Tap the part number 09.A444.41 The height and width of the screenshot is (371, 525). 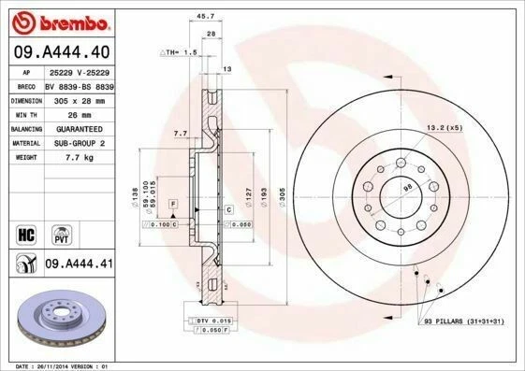click(x=79, y=264)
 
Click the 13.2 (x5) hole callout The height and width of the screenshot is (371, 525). click(x=445, y=127)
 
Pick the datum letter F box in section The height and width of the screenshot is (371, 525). click(x=173, y=203)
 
